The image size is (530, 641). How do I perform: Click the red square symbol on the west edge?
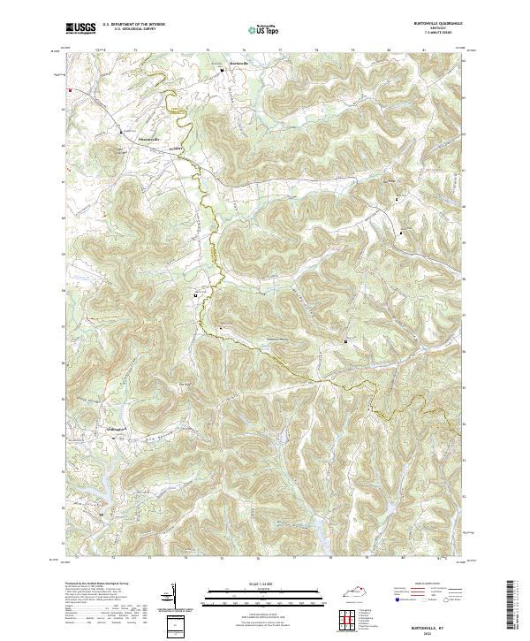click(67, 89)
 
